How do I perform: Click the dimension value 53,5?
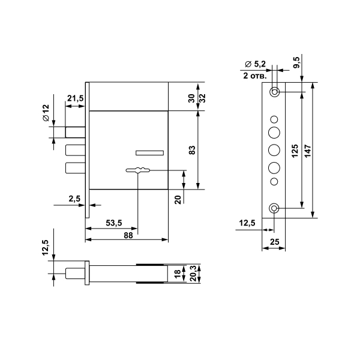(114, 223)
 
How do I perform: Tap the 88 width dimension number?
(128, 235)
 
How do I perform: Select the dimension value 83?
(192, 150)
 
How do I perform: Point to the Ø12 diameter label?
(46, 113)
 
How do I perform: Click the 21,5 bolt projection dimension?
(76, 98)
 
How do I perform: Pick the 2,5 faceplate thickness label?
(74, 199)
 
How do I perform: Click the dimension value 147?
(308, 151)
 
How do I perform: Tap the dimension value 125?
(295, 151)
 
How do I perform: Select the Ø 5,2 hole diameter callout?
(255, 64)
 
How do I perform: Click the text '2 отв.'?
(255, 76)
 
